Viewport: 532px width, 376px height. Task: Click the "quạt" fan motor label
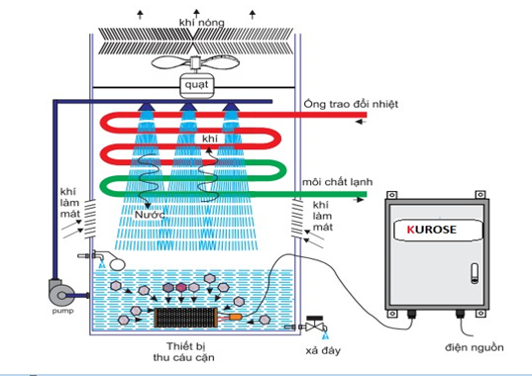pyautogui.click(x=196, y=85)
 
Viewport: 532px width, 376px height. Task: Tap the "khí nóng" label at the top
pyautogui.click(x=201, y=23)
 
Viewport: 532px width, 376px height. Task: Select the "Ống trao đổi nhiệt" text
pyautogui.click(x=351, y=104)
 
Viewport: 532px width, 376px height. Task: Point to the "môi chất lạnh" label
pyautogui.click(x=337, y=182)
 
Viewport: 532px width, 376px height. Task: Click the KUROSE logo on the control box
pyautogui.click(x=432, y=230)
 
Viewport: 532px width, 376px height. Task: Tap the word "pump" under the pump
pyautogui.click(x=62, y=311)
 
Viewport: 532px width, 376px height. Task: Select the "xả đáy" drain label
pyautogui.click(x=323, y=350)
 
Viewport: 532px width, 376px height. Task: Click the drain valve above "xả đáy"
pyautogui.click(x=314, y=325)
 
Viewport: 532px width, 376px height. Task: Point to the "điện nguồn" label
pyautogui.click(x=475, y=347)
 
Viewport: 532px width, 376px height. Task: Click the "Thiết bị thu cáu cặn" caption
pyautogui.click(x=183, y=351)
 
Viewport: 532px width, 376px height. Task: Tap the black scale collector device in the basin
pyautogui.click(x=185, y=318)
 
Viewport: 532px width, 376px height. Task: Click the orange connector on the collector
pyautogui.click(x=235, y=317)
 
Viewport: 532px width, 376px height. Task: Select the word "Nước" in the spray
pyautogui.click(x=150, y=215)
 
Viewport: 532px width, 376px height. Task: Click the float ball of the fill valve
pyautogui.click(x=117, y=264)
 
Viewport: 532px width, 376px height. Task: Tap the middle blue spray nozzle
pyautogui.click(x=188, y=108)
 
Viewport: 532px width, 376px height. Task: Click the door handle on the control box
pyautogui.click(x=475, y=273)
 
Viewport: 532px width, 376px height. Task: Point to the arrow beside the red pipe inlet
pyautogui.click(x=360, y=122)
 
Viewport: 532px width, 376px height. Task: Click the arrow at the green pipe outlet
pyautogui.click(x=358, y=200)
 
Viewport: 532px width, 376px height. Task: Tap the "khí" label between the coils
pyautogui.click(x=210, y=139)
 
